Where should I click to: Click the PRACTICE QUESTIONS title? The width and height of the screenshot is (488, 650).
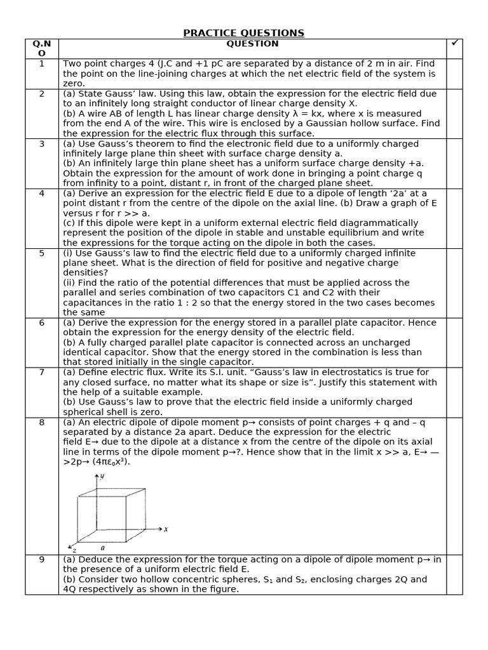(244, 33)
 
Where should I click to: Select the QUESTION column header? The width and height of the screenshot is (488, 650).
(252, 44)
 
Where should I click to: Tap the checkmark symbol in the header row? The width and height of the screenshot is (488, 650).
(454, 43)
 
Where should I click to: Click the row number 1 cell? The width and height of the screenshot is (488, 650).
(42, 63)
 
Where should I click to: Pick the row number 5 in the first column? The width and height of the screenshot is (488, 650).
(42, 253)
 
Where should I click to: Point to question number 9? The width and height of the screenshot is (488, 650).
(42, 560)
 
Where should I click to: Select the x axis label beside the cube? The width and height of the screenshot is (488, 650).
(166, 529)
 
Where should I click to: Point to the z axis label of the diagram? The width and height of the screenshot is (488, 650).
(74, 550)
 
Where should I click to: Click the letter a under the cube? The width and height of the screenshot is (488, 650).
(102, 547)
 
